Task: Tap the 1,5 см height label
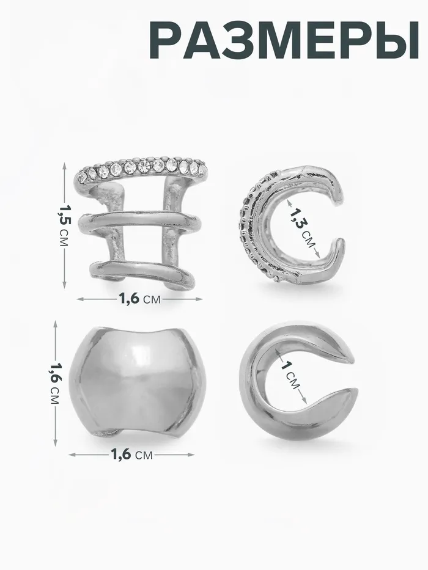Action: [x=64, y=225]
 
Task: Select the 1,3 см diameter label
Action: [x=303, y=228]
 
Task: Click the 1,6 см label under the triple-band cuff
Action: [x=140, y=299]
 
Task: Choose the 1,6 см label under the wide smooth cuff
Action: [x=131, y=455]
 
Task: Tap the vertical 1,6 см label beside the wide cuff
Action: [x=55, y=384]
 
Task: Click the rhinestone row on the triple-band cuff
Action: [x=142, y=168]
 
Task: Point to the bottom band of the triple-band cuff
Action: [x=142, y=271]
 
